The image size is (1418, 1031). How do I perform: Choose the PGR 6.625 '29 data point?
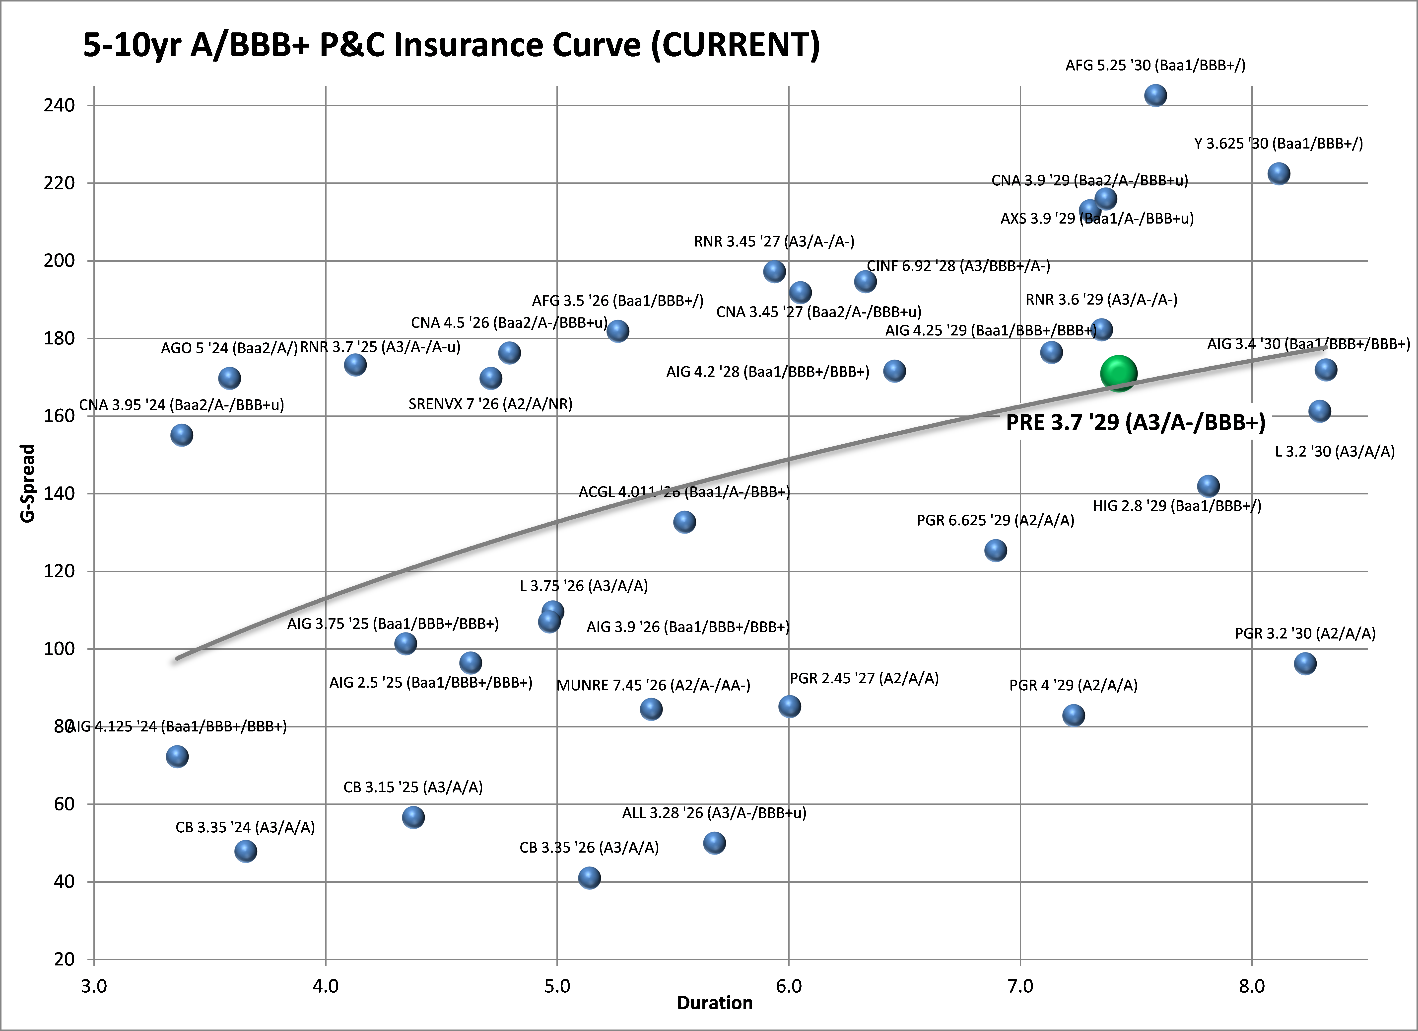(995, 551)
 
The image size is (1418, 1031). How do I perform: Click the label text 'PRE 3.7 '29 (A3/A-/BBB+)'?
(1135, 423)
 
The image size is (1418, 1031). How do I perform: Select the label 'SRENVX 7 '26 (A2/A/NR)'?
(490, 404)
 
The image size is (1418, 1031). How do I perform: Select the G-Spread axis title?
(27, 483)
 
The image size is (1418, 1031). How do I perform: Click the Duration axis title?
(715, 1003)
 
